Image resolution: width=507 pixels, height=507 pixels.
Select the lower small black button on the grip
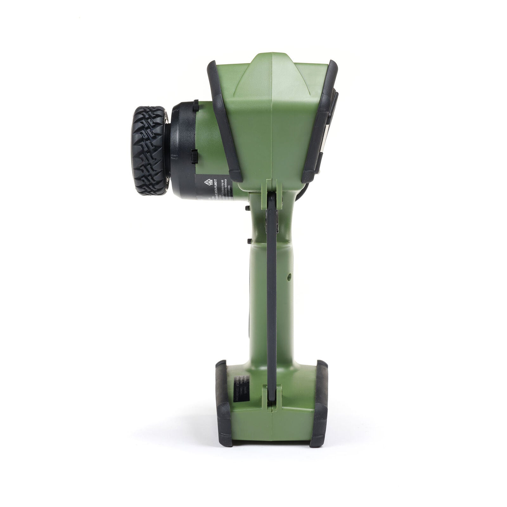pyautogui.click(x=247, y=241)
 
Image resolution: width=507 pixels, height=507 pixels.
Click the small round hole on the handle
pyautogui.click(x=289, y=277)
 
